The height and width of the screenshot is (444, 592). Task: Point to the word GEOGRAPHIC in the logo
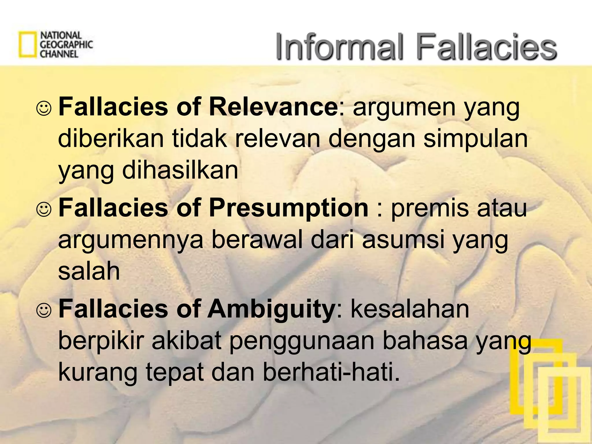[66, 45]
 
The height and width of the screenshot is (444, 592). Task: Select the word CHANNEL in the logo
[59, 54]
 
